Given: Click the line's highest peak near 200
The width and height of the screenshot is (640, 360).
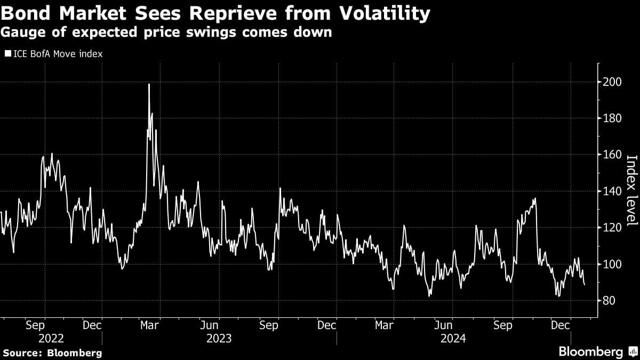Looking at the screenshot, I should [149, 84].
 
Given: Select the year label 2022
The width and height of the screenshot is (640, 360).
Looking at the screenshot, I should [51, 339].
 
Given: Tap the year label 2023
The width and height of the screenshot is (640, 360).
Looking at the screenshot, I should [219, 339].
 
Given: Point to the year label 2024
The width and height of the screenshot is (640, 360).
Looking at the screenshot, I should [454, 339].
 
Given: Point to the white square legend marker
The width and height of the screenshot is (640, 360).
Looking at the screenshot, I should [7, 53].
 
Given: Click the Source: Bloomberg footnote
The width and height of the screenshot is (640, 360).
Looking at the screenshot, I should [52, 353].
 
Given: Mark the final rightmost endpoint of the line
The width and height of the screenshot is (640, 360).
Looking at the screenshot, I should [584, 285].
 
